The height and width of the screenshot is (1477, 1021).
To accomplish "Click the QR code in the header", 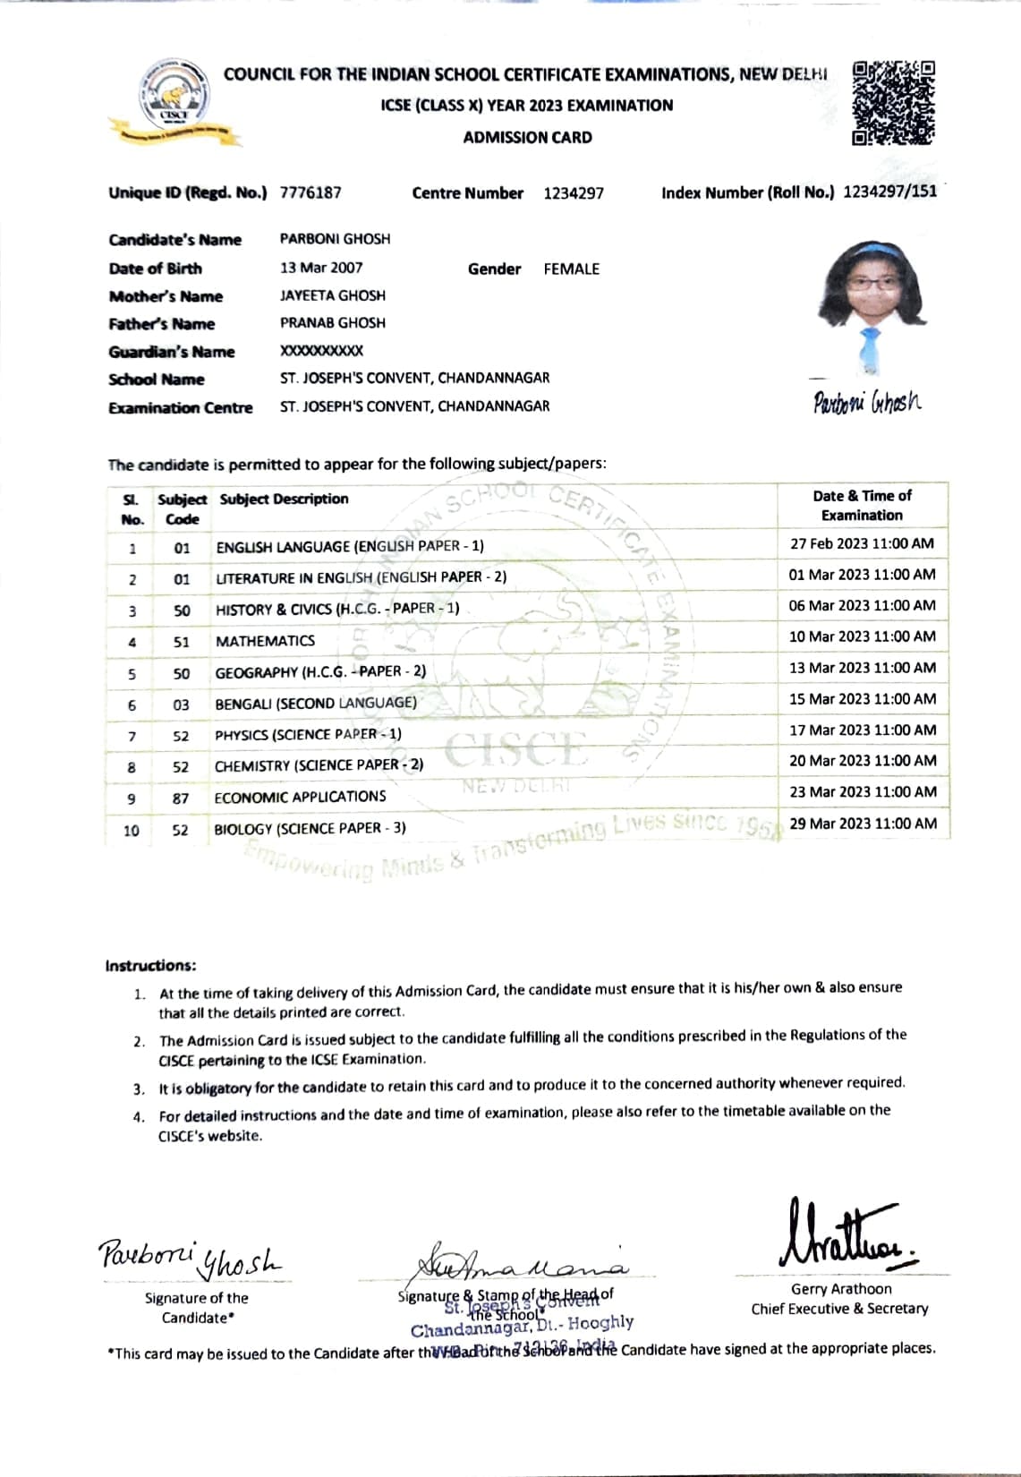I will click(893, 103).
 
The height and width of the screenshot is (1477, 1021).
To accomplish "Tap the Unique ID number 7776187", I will click(311, 192).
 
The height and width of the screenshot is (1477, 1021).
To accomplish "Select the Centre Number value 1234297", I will click(574, 193).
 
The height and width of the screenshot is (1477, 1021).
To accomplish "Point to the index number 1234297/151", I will click(890, 192).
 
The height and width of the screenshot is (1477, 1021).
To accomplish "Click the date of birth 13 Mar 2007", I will click(321, 268).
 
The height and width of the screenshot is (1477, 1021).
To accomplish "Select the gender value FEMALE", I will click(572, 269).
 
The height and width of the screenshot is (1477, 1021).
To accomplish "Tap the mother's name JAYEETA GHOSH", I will click(333, 295).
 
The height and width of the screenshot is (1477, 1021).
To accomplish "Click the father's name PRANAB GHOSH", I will click(333, 323).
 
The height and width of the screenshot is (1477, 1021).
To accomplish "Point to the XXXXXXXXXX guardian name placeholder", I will click(322, 351).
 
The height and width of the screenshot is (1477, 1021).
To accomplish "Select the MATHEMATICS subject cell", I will click(266, 641).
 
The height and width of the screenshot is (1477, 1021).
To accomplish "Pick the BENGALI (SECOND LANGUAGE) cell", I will click(316, 704).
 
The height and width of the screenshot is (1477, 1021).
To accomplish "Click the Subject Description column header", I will click(285, 499).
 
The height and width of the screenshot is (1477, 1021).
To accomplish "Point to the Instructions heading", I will click(150, 966).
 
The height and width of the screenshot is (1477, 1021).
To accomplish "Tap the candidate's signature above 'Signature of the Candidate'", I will click(190, 1259).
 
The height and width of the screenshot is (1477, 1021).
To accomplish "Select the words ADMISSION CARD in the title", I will click(527, 138).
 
